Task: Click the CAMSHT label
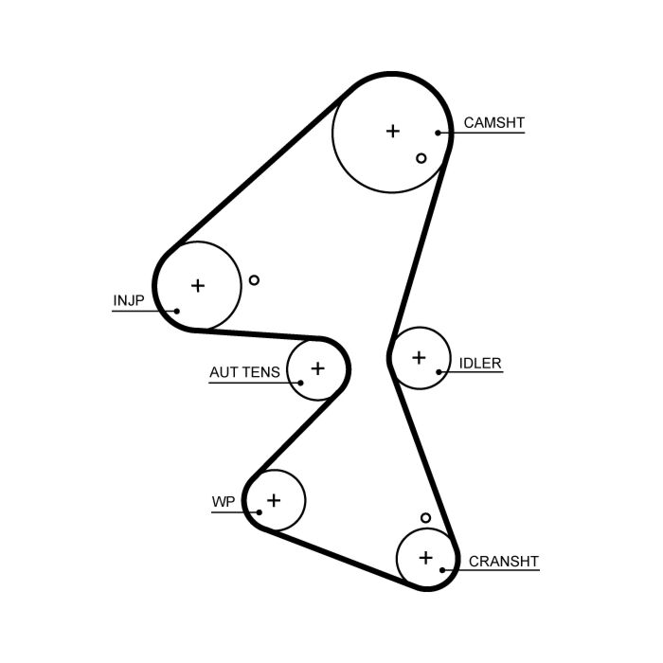pos(493,122)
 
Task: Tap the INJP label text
pos(129,300)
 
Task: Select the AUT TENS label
pos(244,372)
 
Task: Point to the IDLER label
pos(480,363)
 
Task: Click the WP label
pos(223,501)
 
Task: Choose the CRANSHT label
pos(504,562)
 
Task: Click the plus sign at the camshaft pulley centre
pos(393,131)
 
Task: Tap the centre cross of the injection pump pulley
pos(198,286)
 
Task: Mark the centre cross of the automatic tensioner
pos(317,368)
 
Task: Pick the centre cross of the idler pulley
pos(419,358)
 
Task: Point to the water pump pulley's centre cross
pos(274,501)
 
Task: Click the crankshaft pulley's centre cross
pos(426,558)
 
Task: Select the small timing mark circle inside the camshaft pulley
pos(421,158)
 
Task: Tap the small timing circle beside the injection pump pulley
pos(254,280)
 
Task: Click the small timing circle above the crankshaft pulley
pos(426,517)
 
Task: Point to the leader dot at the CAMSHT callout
pos(438,133)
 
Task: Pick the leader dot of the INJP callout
pos(177,312)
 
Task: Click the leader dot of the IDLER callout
pos(439,372)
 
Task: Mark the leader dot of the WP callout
pos(260,512)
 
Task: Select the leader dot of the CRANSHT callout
pos(442,570)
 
